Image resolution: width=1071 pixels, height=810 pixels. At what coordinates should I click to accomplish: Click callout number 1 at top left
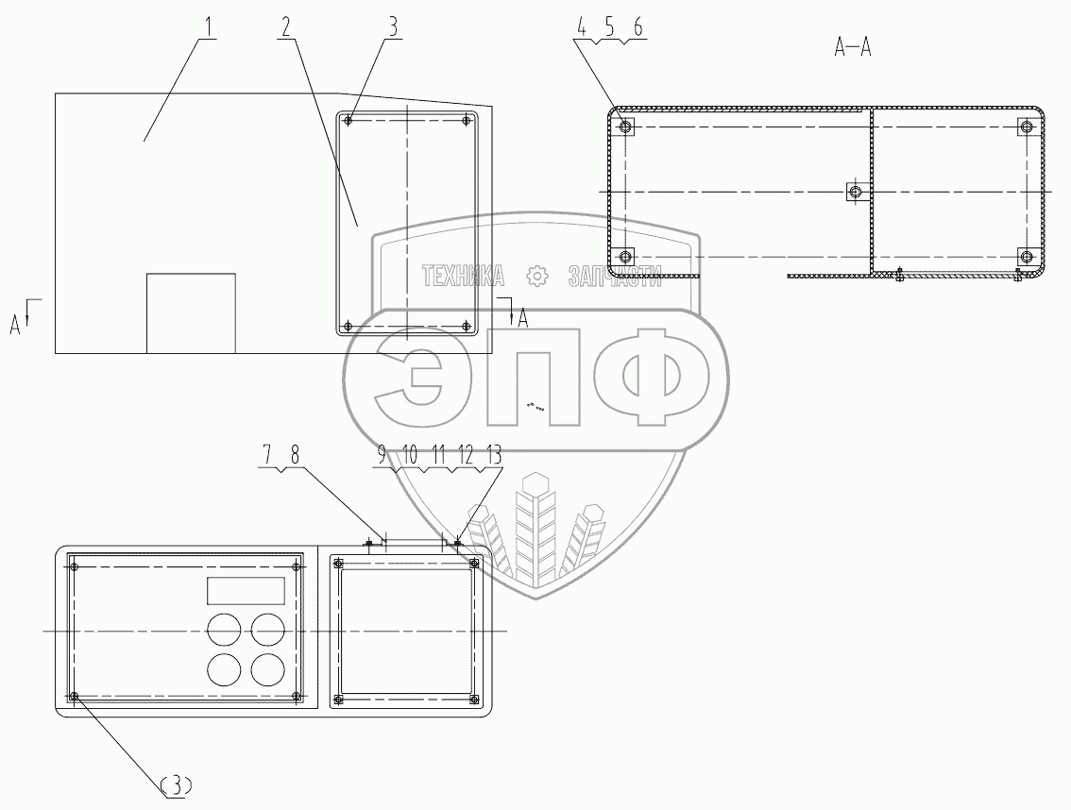click(x=209, y=28)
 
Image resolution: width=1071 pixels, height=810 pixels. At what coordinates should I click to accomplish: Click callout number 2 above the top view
click(x=285, y=27)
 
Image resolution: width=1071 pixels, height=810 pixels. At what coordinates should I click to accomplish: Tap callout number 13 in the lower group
click(x=493, y=454)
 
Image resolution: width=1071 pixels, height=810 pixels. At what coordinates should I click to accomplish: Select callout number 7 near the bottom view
click(x=267, y=454)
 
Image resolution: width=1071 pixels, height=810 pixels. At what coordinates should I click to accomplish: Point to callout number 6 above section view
click(x=637, y=27)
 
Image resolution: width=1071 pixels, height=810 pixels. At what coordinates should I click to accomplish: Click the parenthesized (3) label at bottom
click(x=177, y=786)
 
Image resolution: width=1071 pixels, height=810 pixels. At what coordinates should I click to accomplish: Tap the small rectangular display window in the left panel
click(x=246, y=590)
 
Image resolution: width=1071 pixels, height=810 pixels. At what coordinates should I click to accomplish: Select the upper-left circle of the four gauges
click(x=224, y=629)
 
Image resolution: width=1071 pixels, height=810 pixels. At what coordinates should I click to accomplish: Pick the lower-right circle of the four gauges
click(x=268, y=670)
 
